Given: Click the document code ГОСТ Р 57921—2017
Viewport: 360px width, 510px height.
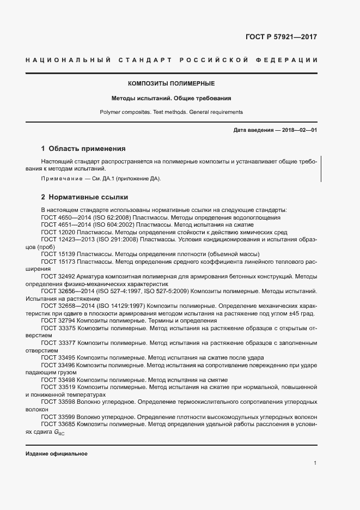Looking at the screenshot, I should point(281,38).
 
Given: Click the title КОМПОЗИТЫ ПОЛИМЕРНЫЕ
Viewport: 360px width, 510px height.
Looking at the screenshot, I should point(171,84).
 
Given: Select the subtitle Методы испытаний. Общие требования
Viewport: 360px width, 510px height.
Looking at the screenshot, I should point(171,99).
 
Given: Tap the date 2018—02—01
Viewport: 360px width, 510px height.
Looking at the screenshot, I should point(300,131).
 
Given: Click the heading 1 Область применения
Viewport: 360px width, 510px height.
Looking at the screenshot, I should point(83,148).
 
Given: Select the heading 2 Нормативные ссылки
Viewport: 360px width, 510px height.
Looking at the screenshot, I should point(84,197).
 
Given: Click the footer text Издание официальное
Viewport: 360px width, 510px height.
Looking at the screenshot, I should point(56,454).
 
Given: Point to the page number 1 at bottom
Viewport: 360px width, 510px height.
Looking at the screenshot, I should point(315,463).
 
